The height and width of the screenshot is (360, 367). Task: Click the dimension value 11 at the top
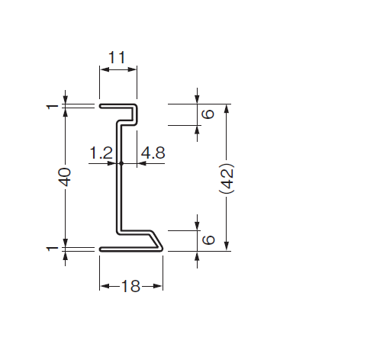pyautogui.click(x=117, y=57)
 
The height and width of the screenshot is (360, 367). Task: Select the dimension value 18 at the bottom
pyautogui.click(x=130, y=286)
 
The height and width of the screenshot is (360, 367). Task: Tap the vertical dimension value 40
pyautogui.click(x=64, y=177)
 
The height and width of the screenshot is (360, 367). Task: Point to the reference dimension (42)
pyautogui.click(x=227, y=178)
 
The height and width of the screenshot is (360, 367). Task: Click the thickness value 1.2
pyautogui.click(x=101, y=153)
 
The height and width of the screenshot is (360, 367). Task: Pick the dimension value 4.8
pyautogui.click(x=153, y=153)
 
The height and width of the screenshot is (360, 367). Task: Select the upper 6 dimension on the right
pyautogui.click(x=208, y=114)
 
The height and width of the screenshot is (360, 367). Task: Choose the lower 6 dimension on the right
pyautogui.click(x=208, y=239)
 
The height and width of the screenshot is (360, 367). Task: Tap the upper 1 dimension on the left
pyautogui.click(x=53, y=107)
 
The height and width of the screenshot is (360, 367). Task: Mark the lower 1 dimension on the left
pyautogui.click(x=53, y=249)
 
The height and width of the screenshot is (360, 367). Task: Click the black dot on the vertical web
pyautogui.click(x=121, y=163)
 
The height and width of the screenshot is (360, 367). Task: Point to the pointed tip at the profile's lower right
pyautogui.click(x=163, y=249)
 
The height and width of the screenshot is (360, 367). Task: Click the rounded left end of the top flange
pyautogui.click(x=101, y=106)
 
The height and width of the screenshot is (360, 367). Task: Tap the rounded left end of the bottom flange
pyautogui.click(x=101, y=249)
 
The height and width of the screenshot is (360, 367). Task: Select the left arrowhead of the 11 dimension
pyautogui.click(x=105, y=69)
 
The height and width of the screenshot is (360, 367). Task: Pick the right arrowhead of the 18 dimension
pyautogui.click(x=158, y=287)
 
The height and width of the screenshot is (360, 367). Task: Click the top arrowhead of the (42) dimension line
pyautogui.click(x=227, y=108)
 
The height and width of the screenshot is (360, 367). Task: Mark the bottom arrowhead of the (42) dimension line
pyautogui.click(x=227, y=246)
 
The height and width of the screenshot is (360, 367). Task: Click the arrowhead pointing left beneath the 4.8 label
pyautogui.click(x=142, y=163)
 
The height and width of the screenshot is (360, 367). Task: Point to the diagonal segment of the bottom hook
pyautogui.click(x=156, y=239)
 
